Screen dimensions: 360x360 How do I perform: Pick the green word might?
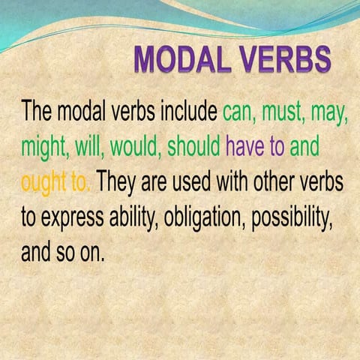[44, 147]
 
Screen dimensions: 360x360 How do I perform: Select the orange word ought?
[43, 182]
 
